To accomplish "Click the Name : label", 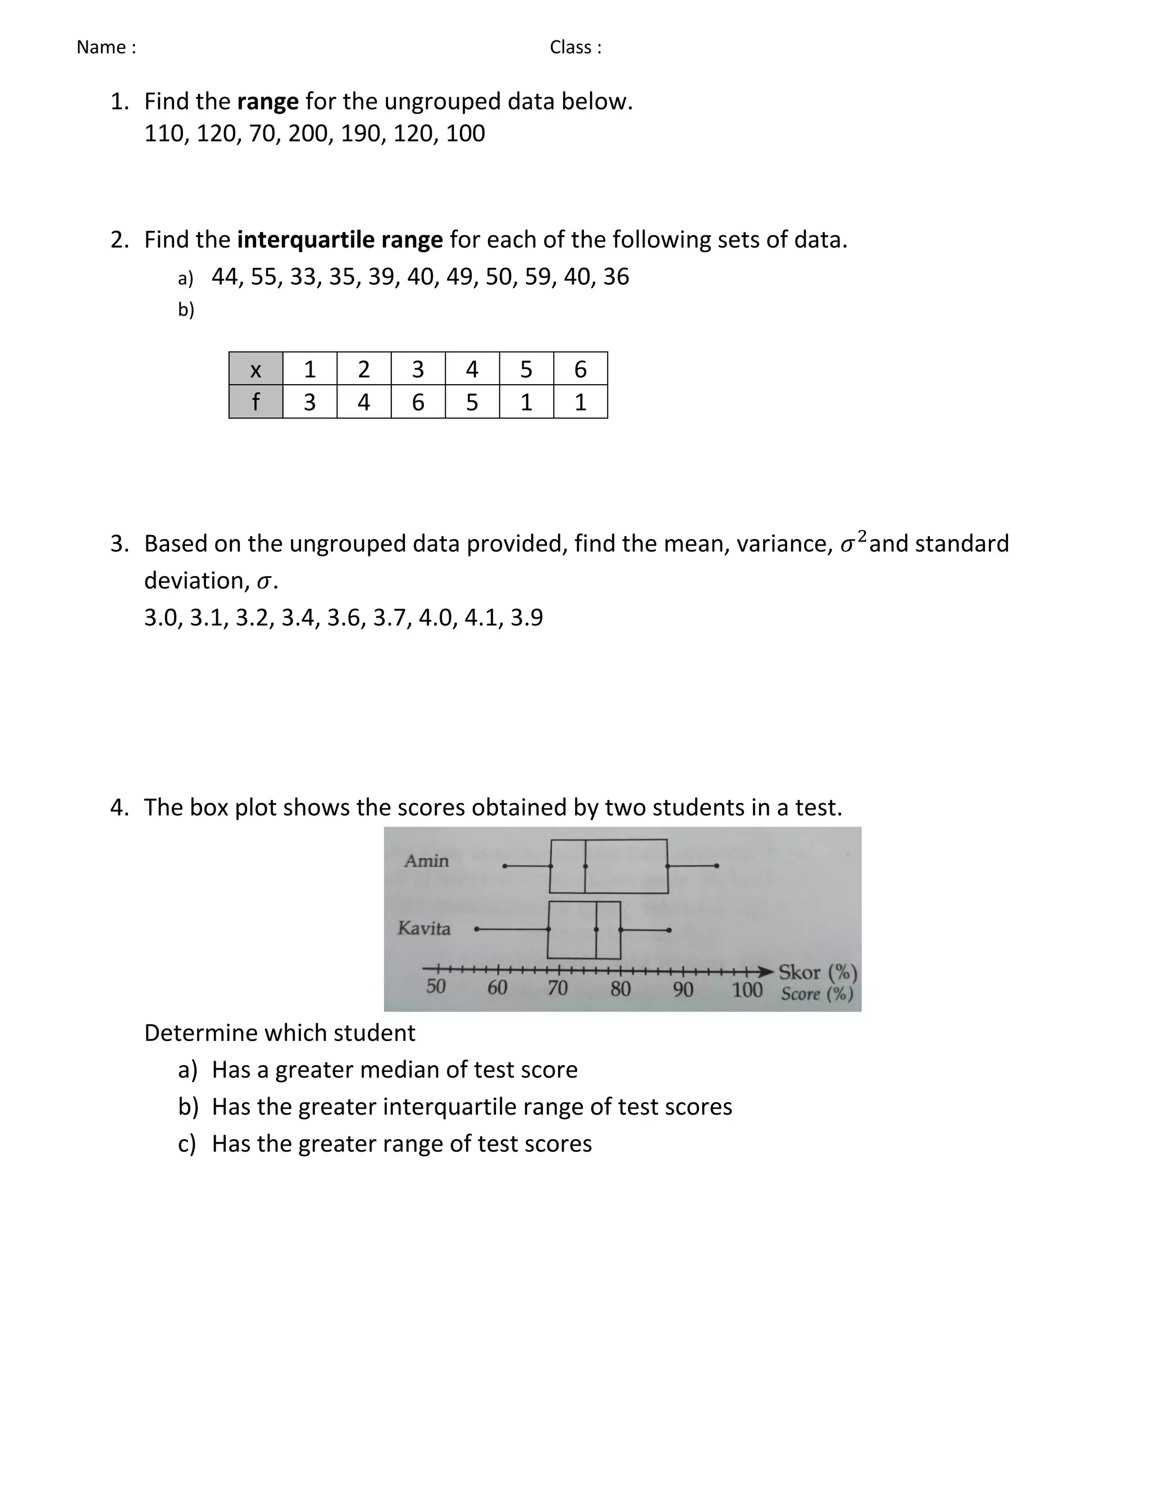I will point(106,47).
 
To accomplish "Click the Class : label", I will point(576,47).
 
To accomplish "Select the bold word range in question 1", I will point(268,102).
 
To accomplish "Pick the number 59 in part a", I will point(537,277).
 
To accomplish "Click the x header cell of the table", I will point(255,369).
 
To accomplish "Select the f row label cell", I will point(255,402).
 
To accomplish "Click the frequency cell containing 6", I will point(418,402).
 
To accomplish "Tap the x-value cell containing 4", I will point(472,369).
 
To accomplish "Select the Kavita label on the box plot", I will point(424,929).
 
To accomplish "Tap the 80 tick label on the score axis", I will point(620,989).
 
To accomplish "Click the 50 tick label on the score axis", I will point(435,987).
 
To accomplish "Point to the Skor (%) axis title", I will point(817,972).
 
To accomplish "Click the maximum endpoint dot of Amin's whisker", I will point(717,866).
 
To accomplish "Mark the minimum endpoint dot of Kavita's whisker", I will point(477,929).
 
